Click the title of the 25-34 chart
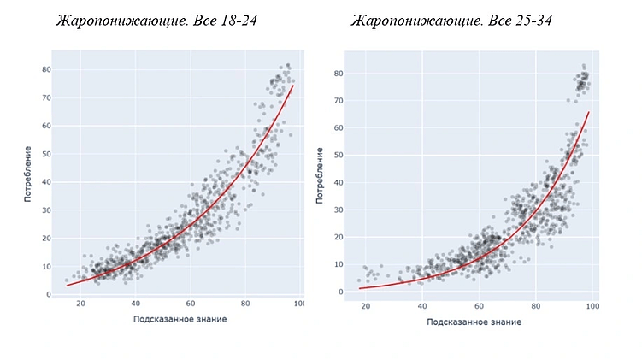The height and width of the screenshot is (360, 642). point(451,20)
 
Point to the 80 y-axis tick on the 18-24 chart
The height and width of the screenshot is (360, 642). point(45,69)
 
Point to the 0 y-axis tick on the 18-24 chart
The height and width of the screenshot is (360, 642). point(48,294)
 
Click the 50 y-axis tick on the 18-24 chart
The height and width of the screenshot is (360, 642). point(45,153)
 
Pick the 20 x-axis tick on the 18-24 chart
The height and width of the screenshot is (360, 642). point(80,304)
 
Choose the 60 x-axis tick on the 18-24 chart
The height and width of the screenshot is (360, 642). point(191,304)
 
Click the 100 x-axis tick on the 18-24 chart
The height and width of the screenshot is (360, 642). point(298,304)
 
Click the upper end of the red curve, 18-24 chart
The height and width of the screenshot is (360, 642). point(293,86)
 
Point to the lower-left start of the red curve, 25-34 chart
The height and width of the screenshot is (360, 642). point(359,288)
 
